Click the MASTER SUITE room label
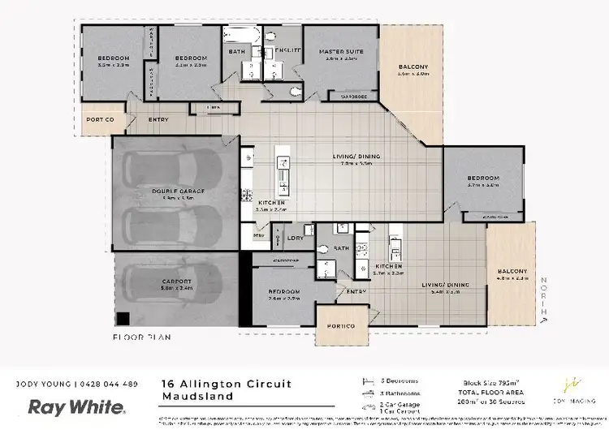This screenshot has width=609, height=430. [x=340, y=51]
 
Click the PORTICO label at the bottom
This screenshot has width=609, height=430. [x=341, y=326]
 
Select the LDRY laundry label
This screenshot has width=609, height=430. [x=295, y=239]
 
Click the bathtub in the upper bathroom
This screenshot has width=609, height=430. [x=241, y=37]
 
